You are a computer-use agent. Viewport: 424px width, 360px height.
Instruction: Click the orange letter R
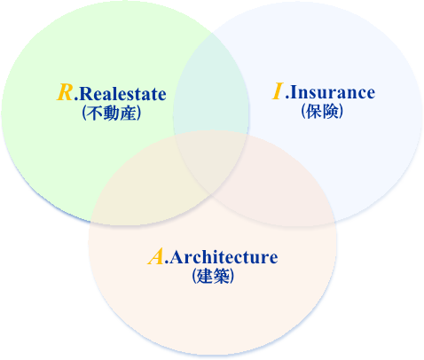[x=65, y=92]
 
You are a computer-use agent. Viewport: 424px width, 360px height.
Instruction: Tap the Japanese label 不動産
[x=112, y=113]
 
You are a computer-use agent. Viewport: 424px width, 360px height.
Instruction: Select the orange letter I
[x=278, y=91]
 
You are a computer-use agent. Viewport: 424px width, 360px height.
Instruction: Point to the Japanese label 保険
[x=322, y=112]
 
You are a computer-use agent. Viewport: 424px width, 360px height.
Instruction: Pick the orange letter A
[x=156, y=256]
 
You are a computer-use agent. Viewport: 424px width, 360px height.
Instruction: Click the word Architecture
[x=224, y=257]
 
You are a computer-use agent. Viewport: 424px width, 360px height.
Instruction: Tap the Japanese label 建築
[x=213, y=277]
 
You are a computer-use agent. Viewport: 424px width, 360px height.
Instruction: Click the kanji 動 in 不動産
[x=112, y=113]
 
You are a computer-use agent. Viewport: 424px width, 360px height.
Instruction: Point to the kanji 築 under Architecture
[x=221, y=277]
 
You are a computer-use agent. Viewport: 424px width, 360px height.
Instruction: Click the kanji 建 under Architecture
[x=205, y=277]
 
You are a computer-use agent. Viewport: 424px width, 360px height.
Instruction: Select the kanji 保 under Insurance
[x=314, y=112]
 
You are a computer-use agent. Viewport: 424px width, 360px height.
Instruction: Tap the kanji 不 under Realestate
[x=95, y=113]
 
